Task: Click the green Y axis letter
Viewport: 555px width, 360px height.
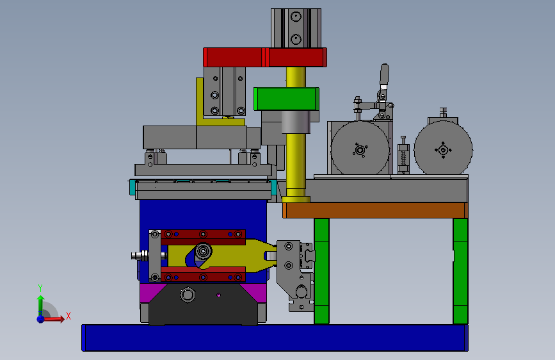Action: [40, 288]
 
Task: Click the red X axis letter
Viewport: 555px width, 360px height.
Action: [68, 316]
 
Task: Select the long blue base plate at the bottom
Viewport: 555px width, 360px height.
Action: [275, 338]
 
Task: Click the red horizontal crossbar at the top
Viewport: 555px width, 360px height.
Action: [265, 57]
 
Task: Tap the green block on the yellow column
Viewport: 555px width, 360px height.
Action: [286, 99]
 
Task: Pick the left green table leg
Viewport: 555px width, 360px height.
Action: [321, 271]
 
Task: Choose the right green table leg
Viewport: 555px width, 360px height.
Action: [460, 271]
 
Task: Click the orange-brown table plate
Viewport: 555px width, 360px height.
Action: [375, 210]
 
